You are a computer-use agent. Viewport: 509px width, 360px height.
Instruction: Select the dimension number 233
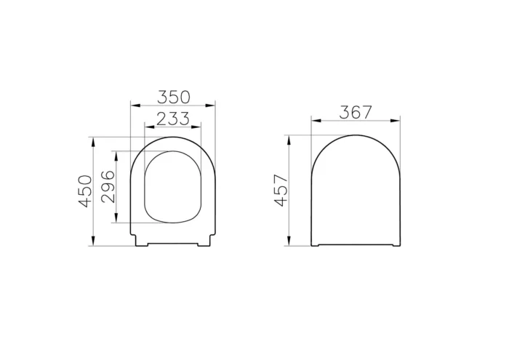point(173,119)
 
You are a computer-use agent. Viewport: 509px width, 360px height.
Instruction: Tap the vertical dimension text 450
point(86,191)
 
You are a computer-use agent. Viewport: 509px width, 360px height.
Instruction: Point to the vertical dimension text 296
point(108,187)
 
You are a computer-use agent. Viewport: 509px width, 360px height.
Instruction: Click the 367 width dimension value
point(356,112)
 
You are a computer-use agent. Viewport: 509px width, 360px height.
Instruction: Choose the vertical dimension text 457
point(281,191)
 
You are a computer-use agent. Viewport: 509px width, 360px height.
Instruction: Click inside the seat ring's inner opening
point(173,187)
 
